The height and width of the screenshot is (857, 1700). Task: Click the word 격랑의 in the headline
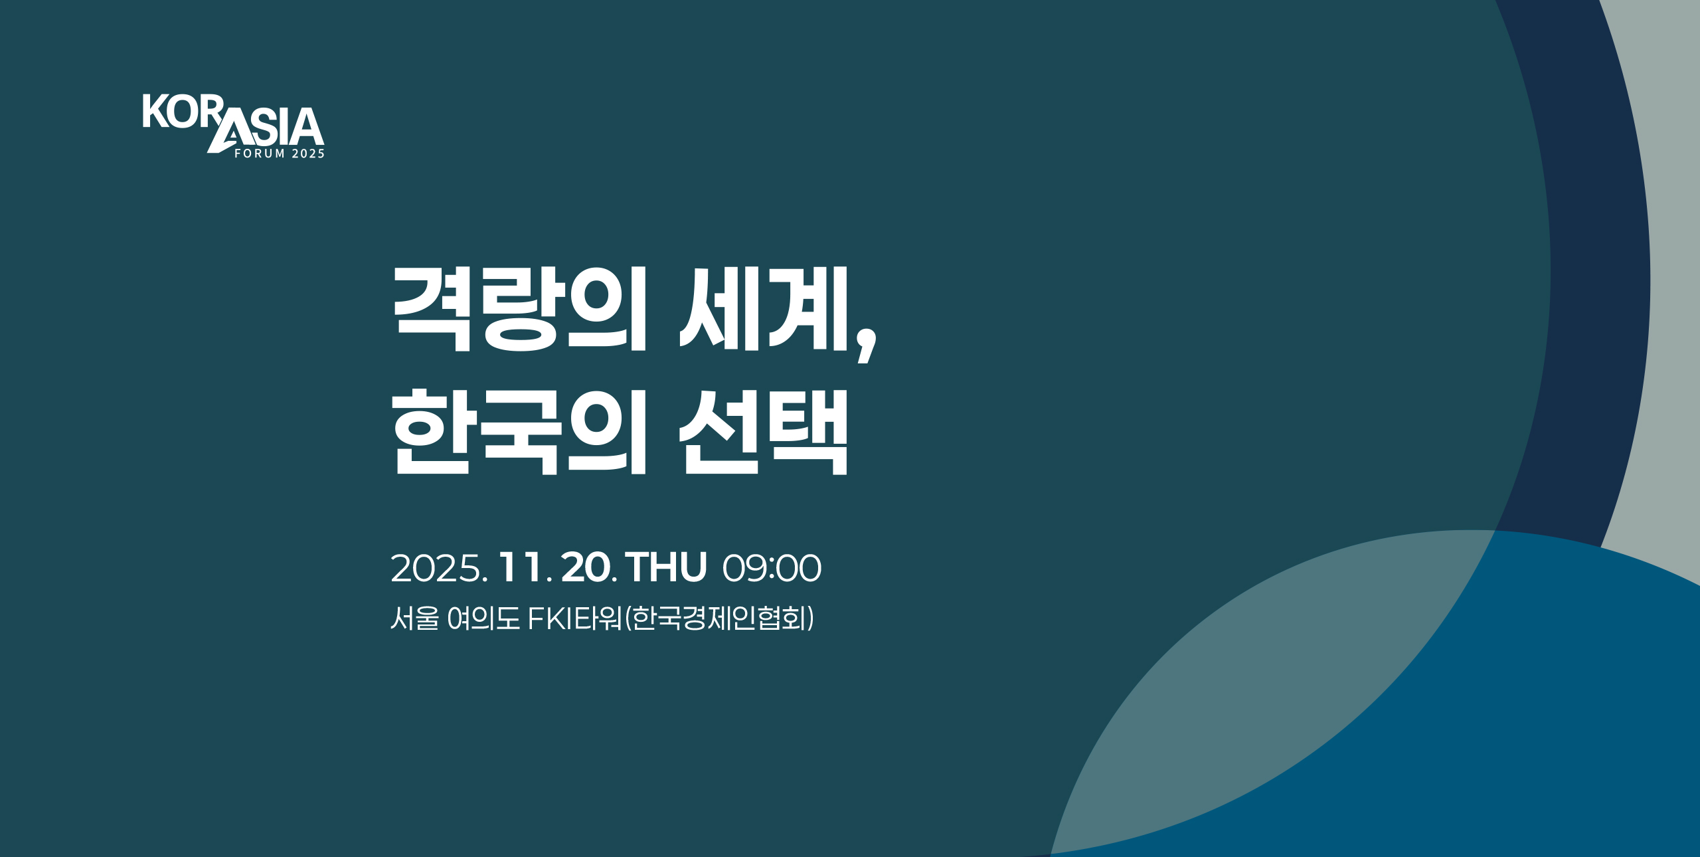[x=519, y=309]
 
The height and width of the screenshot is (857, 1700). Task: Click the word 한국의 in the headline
[x=519, y=432]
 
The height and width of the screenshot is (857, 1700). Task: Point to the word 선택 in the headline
[x=763, y=432]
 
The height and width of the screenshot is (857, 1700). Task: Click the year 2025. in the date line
[x=440, y=569]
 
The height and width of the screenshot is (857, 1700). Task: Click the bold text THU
[x=666, y=569]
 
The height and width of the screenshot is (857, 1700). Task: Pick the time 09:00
[x=772, y=569]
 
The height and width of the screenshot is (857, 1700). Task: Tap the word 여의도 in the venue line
[x=483, y=619]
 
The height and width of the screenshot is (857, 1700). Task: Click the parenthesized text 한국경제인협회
[x=720, y=619]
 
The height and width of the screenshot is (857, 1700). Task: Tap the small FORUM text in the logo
[x=260, y=153]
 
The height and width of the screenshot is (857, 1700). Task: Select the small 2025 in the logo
[x=309, y=153]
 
